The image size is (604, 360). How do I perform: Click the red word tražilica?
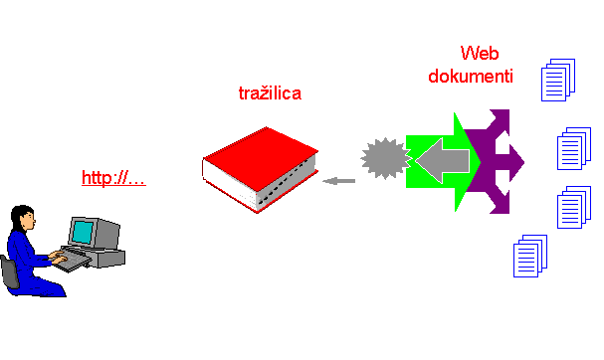click(271, 93)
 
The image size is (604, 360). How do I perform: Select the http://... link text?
click(113, 179)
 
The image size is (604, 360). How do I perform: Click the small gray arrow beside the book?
click(340, 180)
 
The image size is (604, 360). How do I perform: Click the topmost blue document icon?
click(558, 80)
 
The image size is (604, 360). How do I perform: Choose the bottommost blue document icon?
click(529, 257)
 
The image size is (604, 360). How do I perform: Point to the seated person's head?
click(27, 218)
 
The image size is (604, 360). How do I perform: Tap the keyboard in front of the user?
click(71, 262)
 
